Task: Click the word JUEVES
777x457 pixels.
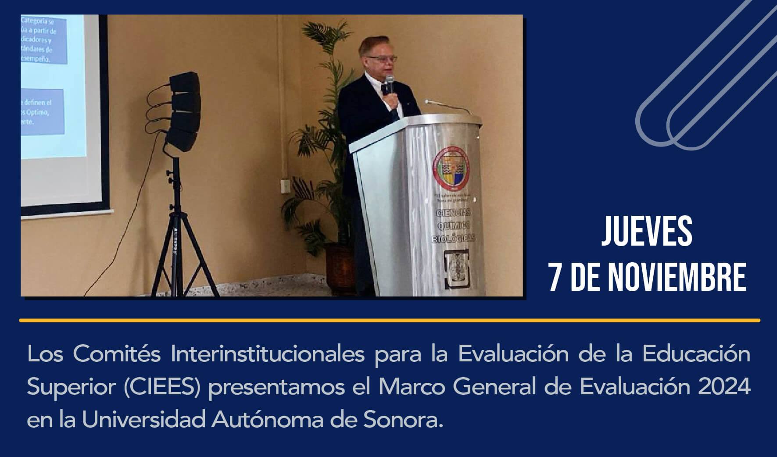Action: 647,231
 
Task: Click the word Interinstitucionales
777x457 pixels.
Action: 267,353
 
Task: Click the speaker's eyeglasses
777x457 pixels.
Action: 381,58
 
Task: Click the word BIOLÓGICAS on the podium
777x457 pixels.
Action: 453,239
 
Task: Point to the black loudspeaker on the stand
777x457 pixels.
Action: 183,111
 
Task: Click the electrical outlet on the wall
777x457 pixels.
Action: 286,185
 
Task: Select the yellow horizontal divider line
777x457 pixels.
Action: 389,321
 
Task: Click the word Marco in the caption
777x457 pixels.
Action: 412,387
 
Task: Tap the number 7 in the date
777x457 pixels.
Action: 555,278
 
